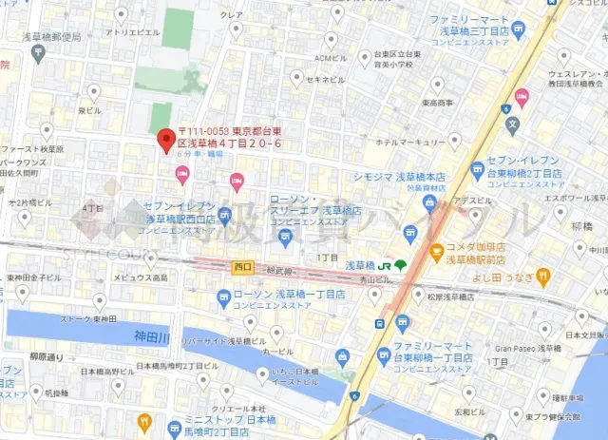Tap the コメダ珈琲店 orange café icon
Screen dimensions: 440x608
coord(436,254)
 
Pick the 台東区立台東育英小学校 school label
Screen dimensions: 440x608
coord(408,61)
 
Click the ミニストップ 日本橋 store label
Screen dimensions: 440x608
coord(203,419)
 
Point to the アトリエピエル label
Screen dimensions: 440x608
coord(132,31)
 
